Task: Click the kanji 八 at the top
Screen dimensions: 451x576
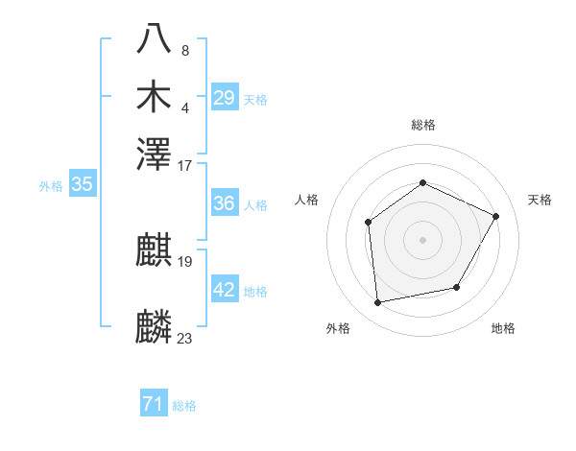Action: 155,38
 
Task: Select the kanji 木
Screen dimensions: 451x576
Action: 155,97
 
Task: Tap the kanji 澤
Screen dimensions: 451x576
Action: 155,154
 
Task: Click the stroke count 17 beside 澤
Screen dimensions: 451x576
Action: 185,165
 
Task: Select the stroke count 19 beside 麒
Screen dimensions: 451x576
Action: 185,261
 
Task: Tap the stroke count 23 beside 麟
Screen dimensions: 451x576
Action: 185,338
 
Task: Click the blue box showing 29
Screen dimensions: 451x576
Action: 224,98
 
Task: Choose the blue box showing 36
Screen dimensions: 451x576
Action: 224,203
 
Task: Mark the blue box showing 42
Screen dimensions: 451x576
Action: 224,290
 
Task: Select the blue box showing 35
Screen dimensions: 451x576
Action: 82,185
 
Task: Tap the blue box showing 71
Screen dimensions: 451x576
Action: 153,405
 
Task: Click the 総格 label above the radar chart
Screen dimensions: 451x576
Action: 422,125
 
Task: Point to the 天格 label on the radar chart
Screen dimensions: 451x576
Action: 540,200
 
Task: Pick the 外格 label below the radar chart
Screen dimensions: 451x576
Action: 338,328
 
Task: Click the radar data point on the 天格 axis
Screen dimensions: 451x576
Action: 496,216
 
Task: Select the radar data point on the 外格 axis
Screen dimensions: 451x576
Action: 378,303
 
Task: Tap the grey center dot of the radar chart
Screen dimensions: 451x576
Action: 422,239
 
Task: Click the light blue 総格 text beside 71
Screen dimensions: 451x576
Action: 184,406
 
